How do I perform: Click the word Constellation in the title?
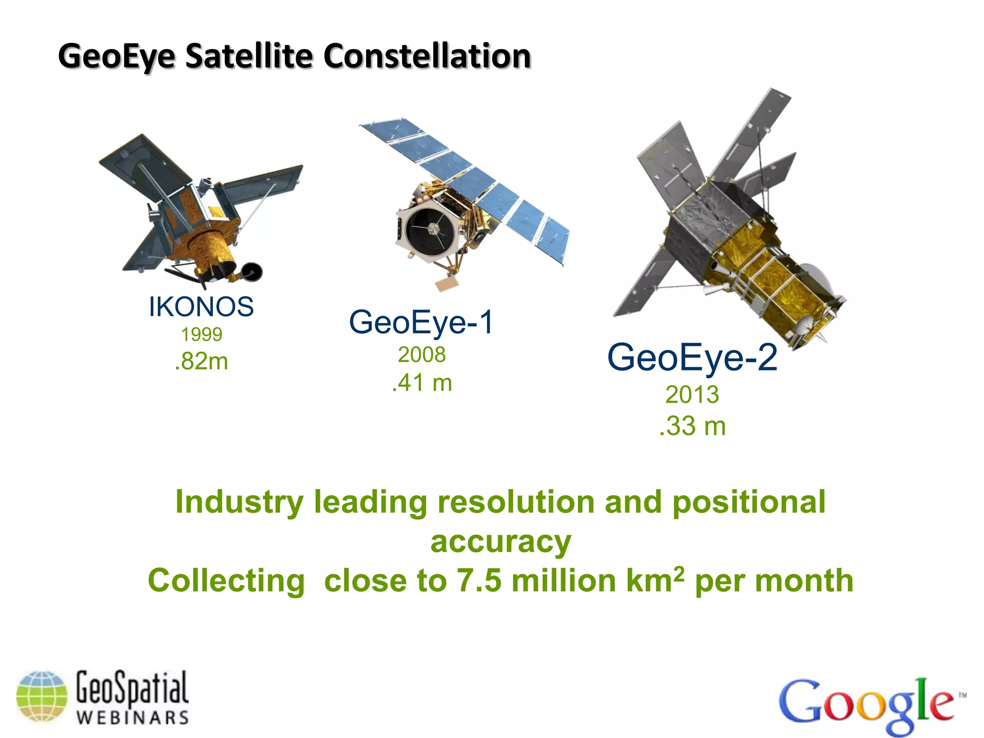point(427,56)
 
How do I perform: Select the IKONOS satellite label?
point(201,307)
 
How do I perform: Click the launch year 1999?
point(201,334)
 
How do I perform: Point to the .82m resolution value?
point(201,361)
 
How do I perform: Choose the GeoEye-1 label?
point(421,322)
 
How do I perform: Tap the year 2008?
point(422,355)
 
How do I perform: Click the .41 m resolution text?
point(422,383)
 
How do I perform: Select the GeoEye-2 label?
point(692,357)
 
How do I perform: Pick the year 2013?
point(692,395)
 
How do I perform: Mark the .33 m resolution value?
point(692,426)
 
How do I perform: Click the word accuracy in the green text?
point(501,542)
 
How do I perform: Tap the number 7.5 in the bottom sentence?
point(479,580)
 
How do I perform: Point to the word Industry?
point(239,502)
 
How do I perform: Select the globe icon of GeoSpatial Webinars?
point(42,696)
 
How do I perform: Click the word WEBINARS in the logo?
point(133,718)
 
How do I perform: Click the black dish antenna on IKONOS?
point(252,271)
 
